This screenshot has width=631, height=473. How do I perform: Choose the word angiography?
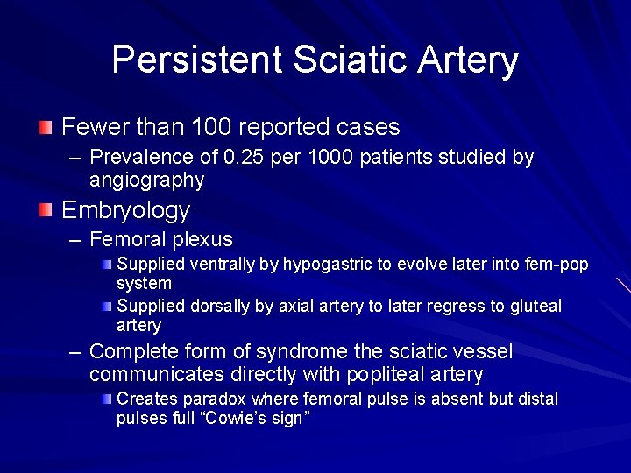pos(146,180)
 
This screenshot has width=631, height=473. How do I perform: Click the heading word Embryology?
pos(125,210)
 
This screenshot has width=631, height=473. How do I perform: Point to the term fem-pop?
pos(558,265)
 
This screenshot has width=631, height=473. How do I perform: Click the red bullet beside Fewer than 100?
pos(46,128)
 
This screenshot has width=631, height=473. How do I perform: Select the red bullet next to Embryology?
pos(46,210)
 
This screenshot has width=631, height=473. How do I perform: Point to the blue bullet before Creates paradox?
pos(106,399)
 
